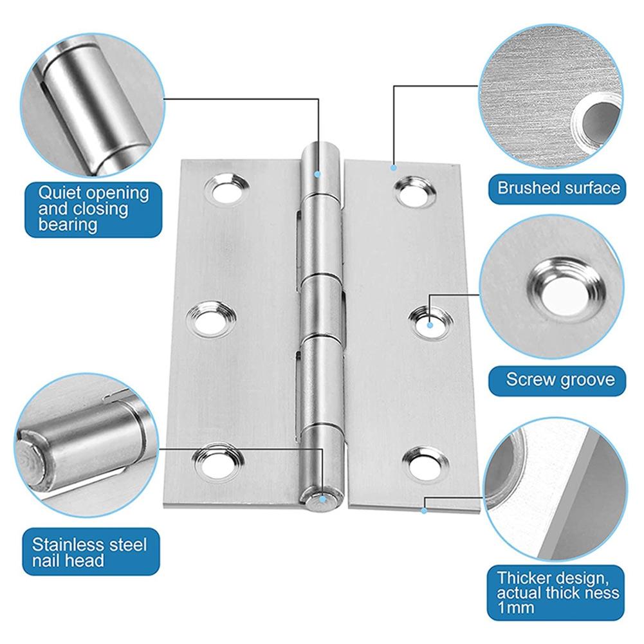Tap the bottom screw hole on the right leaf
423,461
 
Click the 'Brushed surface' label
558,188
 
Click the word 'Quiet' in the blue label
57,192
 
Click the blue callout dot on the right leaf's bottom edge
424,510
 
